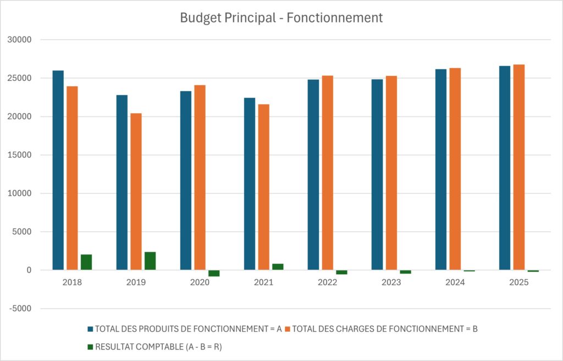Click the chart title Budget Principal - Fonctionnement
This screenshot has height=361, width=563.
281,18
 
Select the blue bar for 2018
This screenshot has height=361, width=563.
58,170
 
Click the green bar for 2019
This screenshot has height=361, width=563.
150,261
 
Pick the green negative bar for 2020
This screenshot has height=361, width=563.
214,273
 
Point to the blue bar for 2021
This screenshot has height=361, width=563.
250,184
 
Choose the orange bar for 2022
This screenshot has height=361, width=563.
328,173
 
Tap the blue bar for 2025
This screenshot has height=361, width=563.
505,168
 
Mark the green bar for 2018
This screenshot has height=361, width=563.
86,262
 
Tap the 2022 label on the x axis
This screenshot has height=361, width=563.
327,283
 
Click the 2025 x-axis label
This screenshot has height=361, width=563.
518,283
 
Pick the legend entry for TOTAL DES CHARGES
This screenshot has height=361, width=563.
385,329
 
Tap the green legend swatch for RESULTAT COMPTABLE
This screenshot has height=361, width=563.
90,347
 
